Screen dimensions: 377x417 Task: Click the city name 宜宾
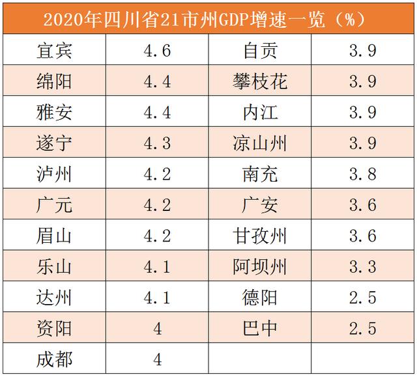55,51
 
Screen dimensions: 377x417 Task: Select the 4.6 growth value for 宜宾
157,51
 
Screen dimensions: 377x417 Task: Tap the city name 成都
55,359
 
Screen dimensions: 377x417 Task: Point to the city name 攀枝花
259,81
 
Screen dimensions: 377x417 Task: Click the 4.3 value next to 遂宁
157,143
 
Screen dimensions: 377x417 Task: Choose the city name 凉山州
259,143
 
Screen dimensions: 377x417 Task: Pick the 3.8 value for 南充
363,174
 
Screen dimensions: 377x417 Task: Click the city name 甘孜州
259,236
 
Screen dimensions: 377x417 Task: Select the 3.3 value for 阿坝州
363,266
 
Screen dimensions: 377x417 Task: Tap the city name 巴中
259,328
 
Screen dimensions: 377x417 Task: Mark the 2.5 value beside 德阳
363,298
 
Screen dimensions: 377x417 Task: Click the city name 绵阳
55,81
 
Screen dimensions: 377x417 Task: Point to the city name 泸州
55,174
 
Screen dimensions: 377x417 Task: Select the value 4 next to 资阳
157,328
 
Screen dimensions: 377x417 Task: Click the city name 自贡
259,51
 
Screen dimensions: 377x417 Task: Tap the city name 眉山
55,236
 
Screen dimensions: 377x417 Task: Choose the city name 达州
55,298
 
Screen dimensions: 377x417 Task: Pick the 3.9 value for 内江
363,112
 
